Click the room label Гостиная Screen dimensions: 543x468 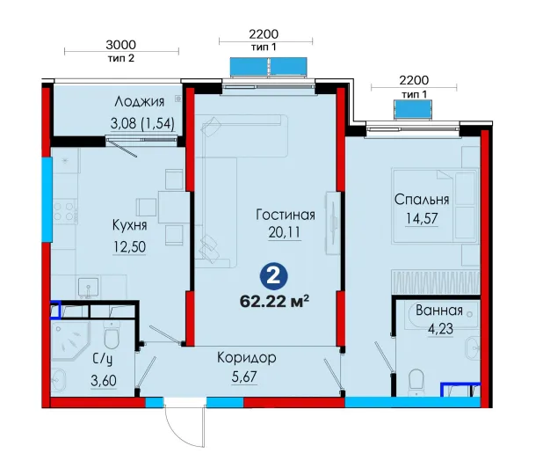[286, 215]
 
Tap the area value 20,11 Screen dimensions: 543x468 [285, 232]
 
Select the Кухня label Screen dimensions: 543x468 [129, 225]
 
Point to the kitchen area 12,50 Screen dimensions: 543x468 [129, 247]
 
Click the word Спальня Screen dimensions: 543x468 [422, 200]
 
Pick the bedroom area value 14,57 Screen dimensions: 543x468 [422, 219]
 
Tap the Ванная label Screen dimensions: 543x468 [439, 311]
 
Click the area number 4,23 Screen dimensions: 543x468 [440, 329]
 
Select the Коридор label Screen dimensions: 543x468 [247, 358]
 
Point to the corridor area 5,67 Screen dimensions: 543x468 [244, 377]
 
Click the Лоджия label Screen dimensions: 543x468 [139, 102]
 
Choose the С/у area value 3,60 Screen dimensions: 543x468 [104, 381]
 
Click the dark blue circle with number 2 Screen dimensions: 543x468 [273, 276]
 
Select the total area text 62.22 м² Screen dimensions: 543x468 [274, 302]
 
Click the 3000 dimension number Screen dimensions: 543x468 [121, 45]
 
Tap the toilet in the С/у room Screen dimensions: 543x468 [112, 335]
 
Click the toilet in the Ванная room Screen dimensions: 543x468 [416, 383]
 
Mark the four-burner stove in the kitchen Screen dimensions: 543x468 [64, 211]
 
